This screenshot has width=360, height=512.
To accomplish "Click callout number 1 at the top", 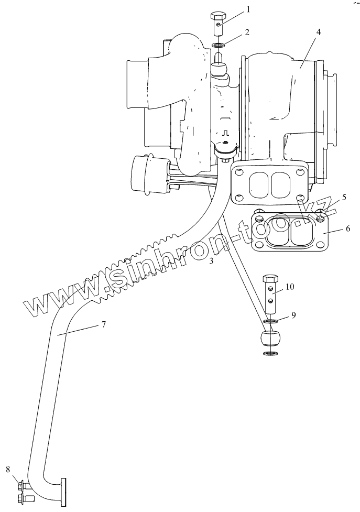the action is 248,9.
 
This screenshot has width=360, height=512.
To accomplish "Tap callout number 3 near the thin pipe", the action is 211,260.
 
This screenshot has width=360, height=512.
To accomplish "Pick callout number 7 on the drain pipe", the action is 104,324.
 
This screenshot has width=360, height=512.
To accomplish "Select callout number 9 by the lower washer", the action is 293,315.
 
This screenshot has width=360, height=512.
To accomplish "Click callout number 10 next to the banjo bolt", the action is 290,286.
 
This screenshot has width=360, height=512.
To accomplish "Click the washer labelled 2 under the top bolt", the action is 220,45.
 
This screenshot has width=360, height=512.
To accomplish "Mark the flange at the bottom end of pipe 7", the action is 64,492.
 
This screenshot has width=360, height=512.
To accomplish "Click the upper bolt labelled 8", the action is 22,486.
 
